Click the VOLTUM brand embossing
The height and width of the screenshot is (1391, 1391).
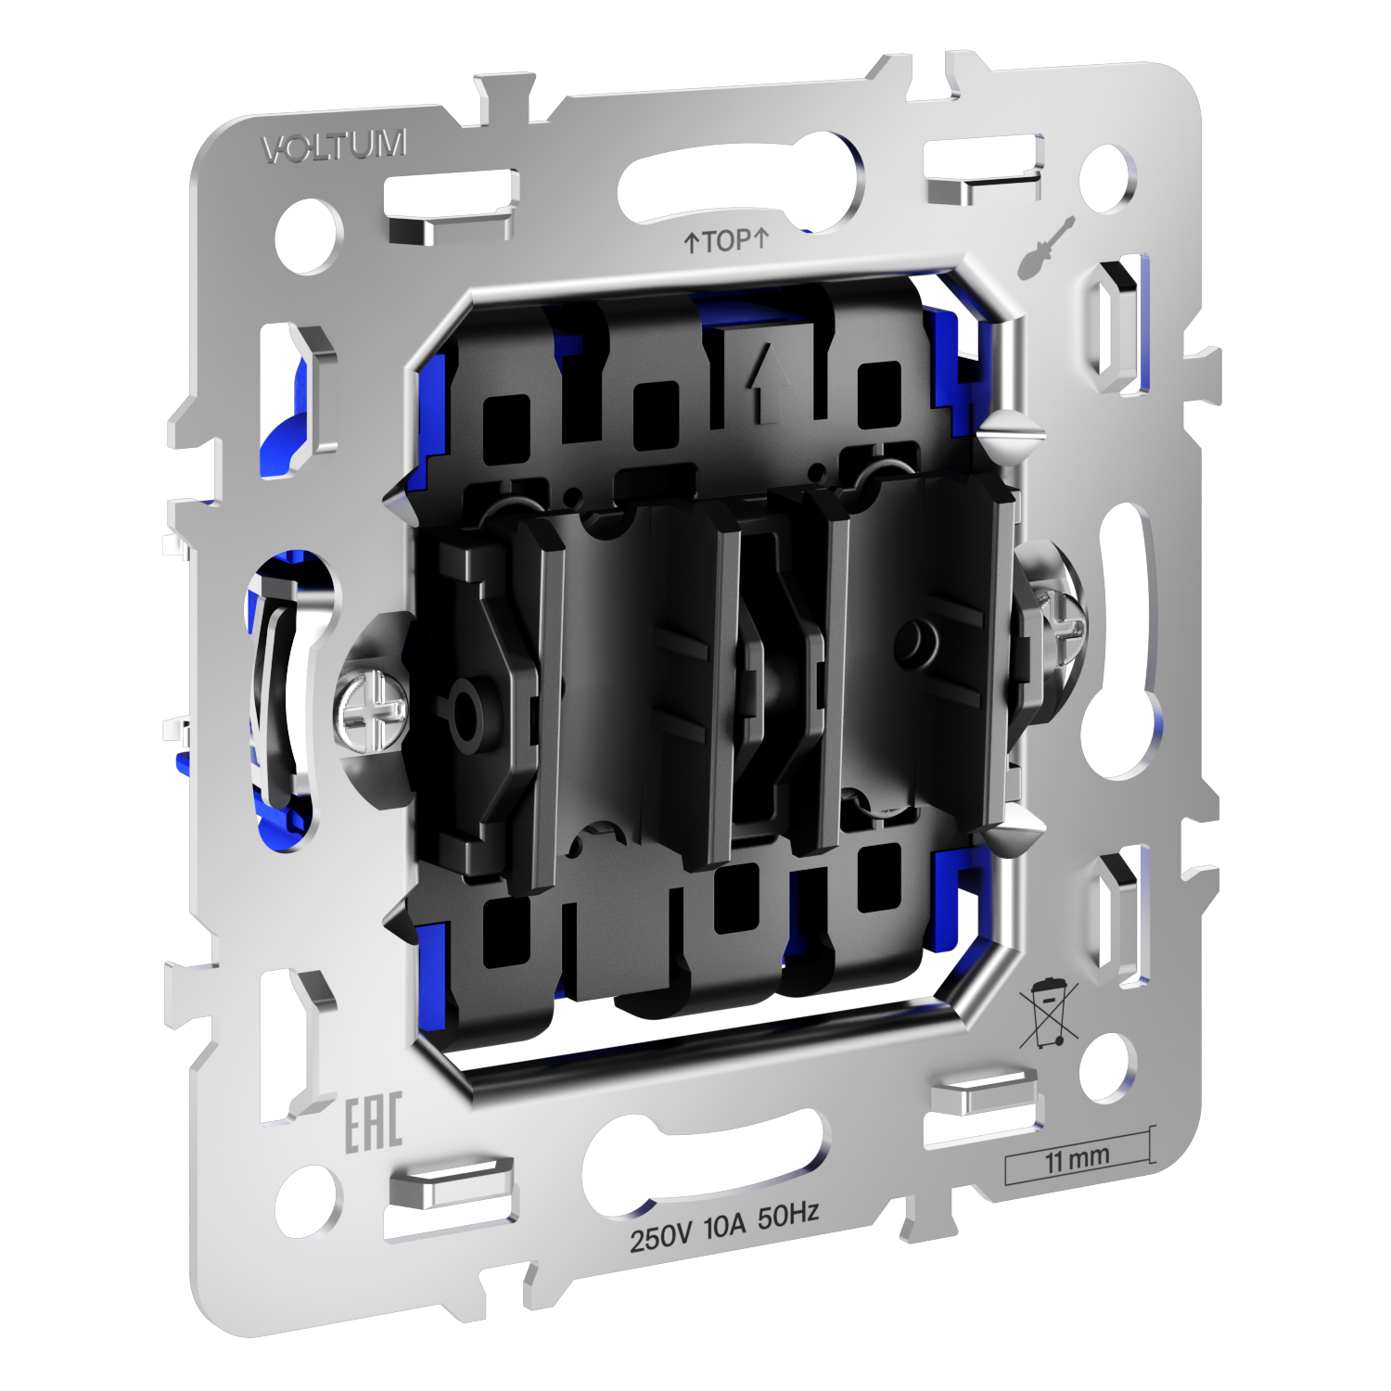point(335,147)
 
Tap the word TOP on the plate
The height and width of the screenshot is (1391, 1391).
point(726,241)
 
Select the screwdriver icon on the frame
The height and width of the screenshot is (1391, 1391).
point(1046,248)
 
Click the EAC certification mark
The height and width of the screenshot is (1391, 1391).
point(374,1123)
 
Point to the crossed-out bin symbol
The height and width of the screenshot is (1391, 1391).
point(1048,1014)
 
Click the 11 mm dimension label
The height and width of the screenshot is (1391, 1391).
point(1077,1159)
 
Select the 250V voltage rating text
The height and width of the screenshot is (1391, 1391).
point(661,1237)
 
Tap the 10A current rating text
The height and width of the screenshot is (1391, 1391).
point(724,1227)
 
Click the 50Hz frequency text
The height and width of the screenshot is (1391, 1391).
point(788,1216)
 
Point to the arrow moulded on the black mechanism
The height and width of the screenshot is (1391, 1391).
point(769,380)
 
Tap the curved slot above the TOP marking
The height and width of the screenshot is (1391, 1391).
point(737,176)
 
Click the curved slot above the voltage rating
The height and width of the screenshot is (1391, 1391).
point(702,1159)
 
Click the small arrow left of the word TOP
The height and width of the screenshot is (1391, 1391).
point(691,243)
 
